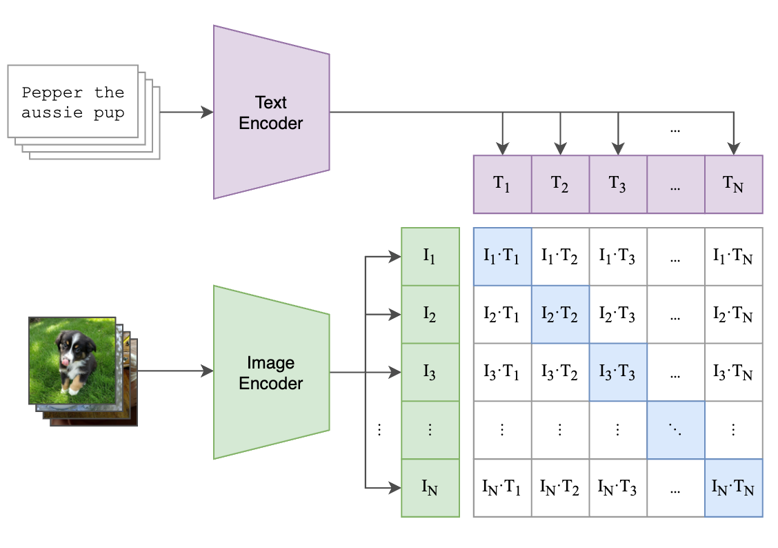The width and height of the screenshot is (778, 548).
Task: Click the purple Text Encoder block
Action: pos(270,112)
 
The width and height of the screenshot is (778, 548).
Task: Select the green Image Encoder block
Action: pos(270,372)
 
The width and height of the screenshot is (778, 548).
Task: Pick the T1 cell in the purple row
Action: pos(502,184)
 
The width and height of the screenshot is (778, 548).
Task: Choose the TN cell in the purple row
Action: pos(733,184)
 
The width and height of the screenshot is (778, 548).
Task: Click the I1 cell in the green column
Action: pos(430,257)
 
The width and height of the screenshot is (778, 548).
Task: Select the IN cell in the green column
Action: pos(430,488)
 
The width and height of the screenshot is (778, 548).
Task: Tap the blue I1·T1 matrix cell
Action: pos(502,257)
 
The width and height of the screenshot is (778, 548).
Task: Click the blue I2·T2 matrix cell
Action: pos(560,315)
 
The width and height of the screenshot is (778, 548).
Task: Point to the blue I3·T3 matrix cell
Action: pos(618,373)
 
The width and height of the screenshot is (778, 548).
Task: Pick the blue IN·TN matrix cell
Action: pos(733,488)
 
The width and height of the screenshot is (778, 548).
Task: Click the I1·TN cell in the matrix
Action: pos(733,257)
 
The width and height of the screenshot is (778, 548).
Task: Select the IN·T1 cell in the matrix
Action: pos(502,488)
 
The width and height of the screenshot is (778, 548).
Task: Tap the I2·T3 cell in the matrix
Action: pos(618,315)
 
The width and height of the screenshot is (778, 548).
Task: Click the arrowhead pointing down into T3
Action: pos(618,148)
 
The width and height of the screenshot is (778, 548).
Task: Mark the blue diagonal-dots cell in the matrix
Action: pos(676,430)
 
